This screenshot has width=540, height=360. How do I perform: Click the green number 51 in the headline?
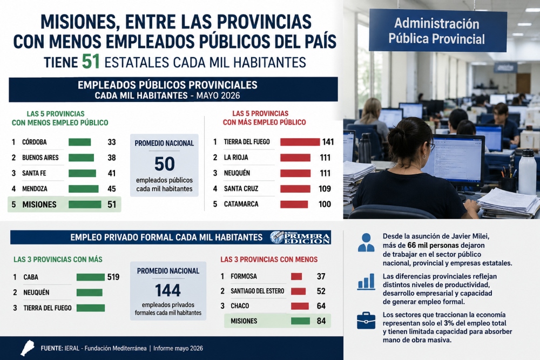coord(91,62)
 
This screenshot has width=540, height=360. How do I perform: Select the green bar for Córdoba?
coord(79,142)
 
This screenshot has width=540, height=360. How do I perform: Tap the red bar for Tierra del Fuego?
coord(300,142)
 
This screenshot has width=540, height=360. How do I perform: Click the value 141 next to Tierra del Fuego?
coord(328,142)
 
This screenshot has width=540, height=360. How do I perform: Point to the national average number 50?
coord(165,164)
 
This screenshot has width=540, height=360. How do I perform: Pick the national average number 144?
coord(168,290)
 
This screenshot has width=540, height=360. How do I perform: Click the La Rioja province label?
coord(236,157)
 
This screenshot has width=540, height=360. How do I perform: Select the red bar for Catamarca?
coord(294,204)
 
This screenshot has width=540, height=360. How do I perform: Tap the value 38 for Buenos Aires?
coord(112,158)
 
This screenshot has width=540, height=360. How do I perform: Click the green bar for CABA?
coord(91,277)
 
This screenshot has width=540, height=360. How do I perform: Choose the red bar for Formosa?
coord(296,276)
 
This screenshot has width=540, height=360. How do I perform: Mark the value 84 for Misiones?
coord(321,321)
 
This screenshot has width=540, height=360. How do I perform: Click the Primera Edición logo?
coord(300,237)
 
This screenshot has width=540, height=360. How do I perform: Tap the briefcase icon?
coord(366,321)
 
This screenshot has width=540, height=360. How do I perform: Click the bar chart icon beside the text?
coord(366,282)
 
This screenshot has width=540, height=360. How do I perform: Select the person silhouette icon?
coord(366,242)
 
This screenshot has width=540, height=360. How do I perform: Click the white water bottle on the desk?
coord(527,172)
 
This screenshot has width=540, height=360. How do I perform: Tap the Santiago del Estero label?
coord(257,291)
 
